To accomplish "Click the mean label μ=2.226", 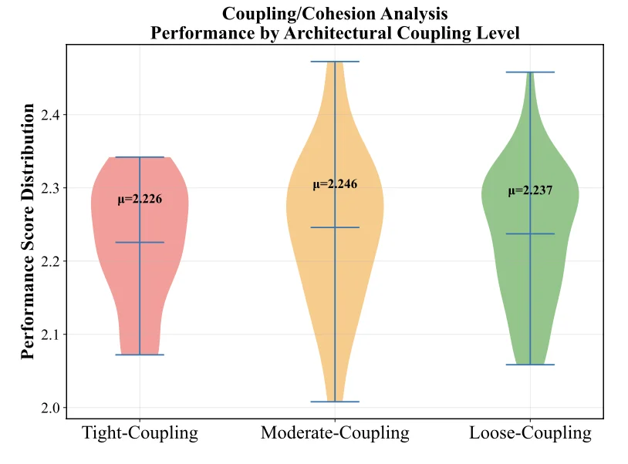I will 140,200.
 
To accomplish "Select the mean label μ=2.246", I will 335,184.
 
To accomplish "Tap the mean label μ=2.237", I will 530,191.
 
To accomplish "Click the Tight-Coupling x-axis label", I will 140,433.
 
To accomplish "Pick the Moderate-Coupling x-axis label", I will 335,433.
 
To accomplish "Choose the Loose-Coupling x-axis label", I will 530,433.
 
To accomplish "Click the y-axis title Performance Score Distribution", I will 28,231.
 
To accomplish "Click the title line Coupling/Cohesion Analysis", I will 335,13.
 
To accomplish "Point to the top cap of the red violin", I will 140,157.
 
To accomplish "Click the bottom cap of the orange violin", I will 335,402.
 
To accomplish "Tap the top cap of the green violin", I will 530,72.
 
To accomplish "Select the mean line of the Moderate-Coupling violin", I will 335,227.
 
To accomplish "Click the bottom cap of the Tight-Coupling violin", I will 140,355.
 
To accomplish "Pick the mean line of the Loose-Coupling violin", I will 530,234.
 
